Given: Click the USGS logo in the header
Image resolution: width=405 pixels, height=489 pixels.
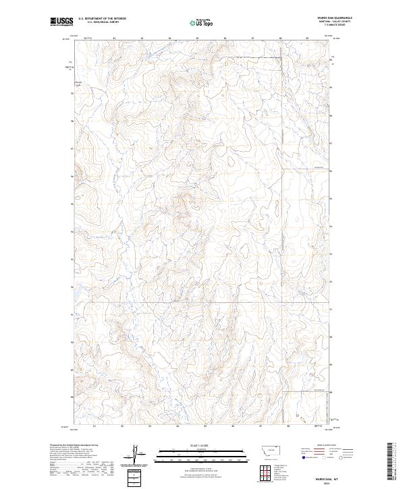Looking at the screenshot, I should [x=61, y=22].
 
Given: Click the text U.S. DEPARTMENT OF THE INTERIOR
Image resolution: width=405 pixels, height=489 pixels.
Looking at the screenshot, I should [x=102, y=19].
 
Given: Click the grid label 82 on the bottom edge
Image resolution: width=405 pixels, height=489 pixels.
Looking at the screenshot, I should [x=122, y=426].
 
